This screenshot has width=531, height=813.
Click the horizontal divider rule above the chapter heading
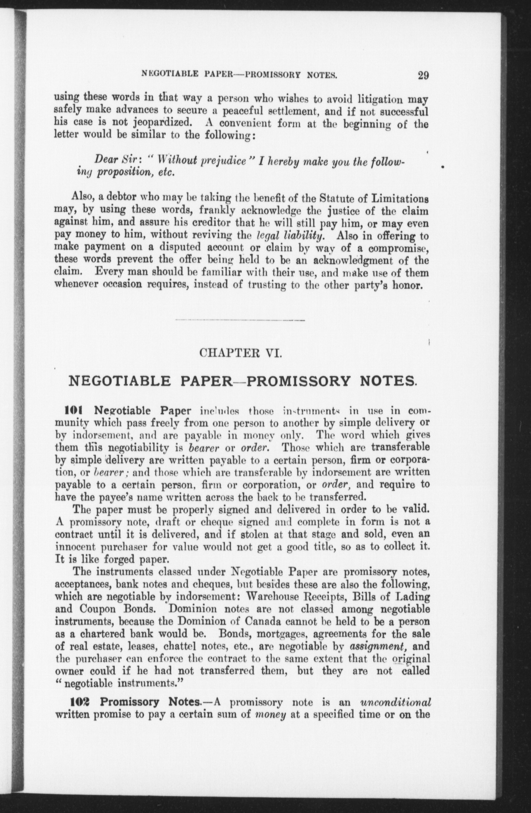240,320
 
